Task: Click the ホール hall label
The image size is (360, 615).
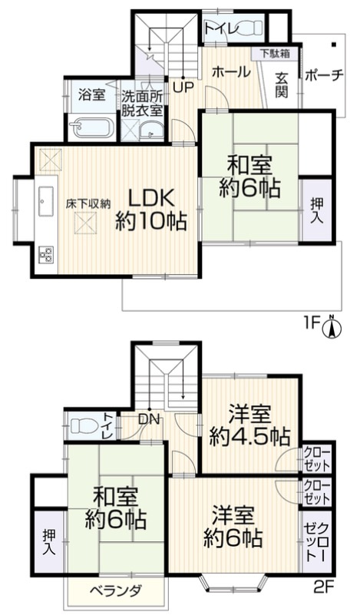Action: (230, 72)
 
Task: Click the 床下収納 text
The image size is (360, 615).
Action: (88, 203)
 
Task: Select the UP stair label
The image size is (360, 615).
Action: (183, 86)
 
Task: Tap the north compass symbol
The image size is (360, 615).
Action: (332, 328)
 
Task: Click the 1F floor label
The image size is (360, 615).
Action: (310, 325)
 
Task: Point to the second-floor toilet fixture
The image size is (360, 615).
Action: (81, 426)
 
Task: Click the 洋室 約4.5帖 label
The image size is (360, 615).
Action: (249, 425)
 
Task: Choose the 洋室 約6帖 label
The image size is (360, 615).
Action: (235, 524)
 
